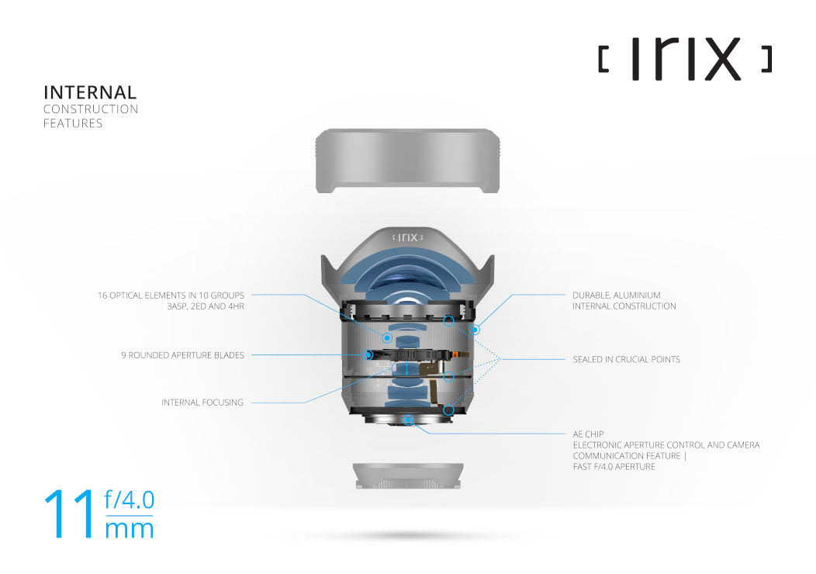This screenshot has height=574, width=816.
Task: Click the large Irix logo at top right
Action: point(686,58)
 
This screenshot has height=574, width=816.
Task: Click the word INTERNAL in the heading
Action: point(90,92)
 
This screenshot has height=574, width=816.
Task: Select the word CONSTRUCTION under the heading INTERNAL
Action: point(91,109)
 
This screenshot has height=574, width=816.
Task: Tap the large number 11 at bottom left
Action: point(69,513)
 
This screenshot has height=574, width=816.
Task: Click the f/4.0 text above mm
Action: point(129,500)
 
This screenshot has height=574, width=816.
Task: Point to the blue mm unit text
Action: point(129,530)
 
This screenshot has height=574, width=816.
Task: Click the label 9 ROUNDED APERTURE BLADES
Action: point(182,355)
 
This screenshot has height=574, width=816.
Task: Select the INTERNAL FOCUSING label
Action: point(202,403)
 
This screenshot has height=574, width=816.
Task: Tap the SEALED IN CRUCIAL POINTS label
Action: point(626,359)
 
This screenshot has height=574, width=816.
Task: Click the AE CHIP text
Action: point(588,434)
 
